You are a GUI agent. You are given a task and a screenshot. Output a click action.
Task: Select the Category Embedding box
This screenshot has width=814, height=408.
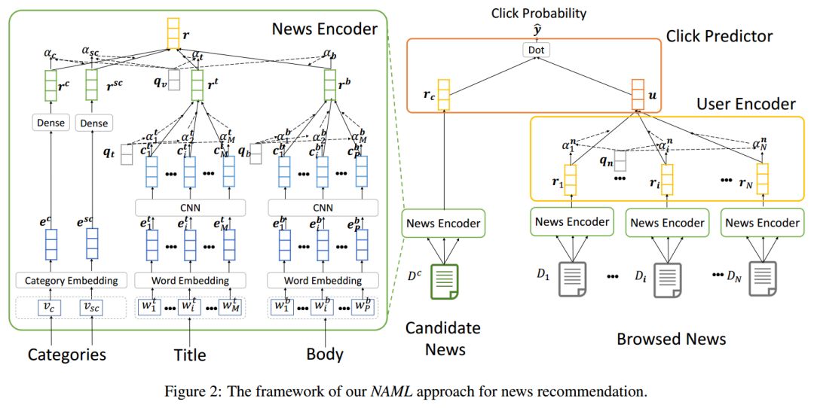[x=72, y=281]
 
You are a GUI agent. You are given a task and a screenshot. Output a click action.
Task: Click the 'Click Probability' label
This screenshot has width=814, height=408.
[x=538, y=14]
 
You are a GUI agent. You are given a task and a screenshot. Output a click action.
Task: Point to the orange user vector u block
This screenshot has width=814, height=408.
[x=638, y=95]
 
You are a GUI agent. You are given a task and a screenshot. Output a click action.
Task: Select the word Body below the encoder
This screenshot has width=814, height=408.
[x=325, y=353]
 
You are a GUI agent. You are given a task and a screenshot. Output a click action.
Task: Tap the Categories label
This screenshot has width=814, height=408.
[x=67, y=353]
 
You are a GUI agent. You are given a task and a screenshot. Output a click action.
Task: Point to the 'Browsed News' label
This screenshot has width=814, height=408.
[x=671, y=339]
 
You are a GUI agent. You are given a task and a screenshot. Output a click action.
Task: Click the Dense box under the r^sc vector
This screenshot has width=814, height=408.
[x=93, y=123]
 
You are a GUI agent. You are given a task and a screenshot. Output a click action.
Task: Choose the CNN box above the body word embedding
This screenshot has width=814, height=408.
[x=324, y=206]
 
